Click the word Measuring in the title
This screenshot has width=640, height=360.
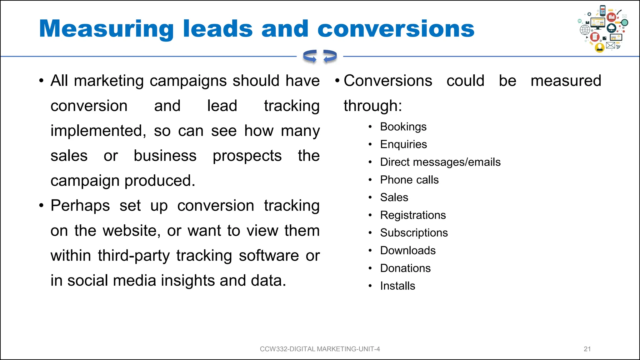point(106,29)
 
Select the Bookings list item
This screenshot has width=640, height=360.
point(403,127)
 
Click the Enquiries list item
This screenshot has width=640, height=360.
point(403,144)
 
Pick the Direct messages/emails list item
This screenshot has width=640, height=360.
point(440,162)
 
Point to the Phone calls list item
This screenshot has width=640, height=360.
point(409,180)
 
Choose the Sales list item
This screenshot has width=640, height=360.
point(394,197)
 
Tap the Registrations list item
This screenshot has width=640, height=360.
point(413,215)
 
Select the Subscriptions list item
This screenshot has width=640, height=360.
point(414,233)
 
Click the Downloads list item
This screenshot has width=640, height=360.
point(408,251)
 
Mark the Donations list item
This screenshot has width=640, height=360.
point(405,268)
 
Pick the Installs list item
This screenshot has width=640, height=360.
point(397,286)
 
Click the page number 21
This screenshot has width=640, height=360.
point(587,349)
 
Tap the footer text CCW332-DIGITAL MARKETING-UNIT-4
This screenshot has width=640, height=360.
point(320,349)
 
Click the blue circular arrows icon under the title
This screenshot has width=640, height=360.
point(320,57)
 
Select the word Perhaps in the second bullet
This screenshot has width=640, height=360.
point(80,206)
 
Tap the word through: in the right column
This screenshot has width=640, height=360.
point(372,106)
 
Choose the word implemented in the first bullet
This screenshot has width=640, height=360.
point(98,131)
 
